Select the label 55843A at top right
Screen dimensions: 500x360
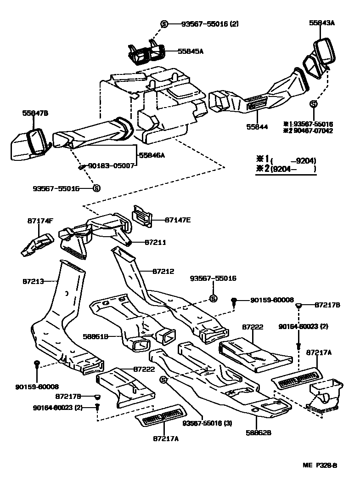pos(322,22)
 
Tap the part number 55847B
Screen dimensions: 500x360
pos(35,113)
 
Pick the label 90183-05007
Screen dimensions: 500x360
pos(112,165)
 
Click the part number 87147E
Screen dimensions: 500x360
pos(177,220)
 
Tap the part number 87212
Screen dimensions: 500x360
pos(163,272)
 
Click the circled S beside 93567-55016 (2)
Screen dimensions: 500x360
pos(164,24)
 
